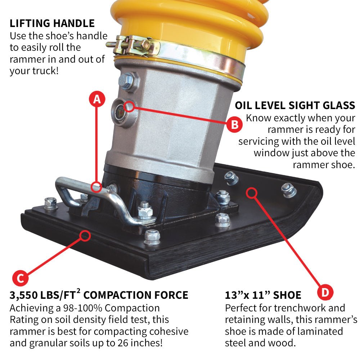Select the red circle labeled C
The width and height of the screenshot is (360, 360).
pyautogui.click(x=21, y=278)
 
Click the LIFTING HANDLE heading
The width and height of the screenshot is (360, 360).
pyautogui.click(x=52, y=24)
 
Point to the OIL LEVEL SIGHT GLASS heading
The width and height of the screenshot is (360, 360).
pyautogui.click(x=295, y=105)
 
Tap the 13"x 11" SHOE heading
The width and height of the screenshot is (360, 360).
pyautogui.click(x=263, y=296)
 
